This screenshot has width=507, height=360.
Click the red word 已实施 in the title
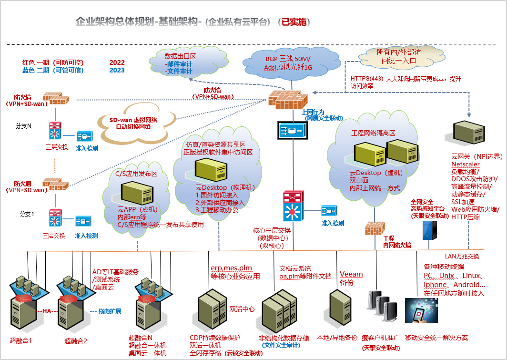295,22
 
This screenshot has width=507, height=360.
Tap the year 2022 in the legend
117,62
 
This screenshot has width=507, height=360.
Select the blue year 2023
117,71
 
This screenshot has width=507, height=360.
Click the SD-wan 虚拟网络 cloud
133,123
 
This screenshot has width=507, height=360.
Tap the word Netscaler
466,165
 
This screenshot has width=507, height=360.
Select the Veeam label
351,274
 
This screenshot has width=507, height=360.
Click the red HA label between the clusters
46,311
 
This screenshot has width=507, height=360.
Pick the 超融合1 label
20,340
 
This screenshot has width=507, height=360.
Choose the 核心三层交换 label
272,230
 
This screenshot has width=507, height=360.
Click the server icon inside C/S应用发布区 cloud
135,193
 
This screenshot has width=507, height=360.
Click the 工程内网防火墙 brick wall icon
375,228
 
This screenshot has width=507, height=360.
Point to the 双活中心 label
242,309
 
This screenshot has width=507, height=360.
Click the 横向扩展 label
110,311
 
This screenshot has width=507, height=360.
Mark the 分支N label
24,126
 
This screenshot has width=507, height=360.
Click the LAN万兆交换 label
461,256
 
